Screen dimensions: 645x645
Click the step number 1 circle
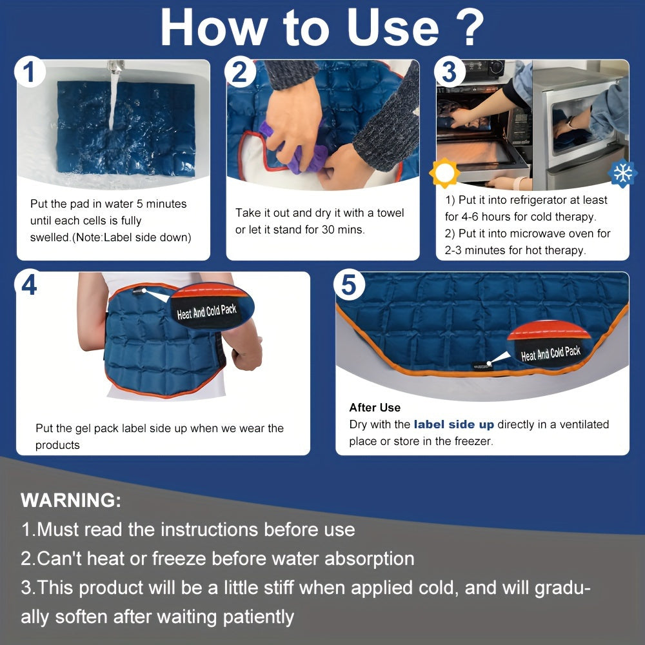pyautogui.click(x=29, y=72)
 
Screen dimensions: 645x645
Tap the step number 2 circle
pyautogui.click(x=240, y=72)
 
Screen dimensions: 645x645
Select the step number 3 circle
pyautogui.click(x=449, y=72)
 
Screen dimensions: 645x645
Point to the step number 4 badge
pyautogui.click(x=29, y=284)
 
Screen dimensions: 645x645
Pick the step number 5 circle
pyautogui.click(x=349, y=284)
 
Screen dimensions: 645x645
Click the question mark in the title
pyautogui.click(x=468, y=27)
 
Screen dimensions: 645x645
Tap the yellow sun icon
pyautogui.click(x=444, y=173)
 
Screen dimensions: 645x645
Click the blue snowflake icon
pyautogui.click(x=623, y=173)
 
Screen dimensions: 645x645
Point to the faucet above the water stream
pyautogui.click(x=115, y=66)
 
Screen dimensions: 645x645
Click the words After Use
pyautogui.click(x=375, y=408)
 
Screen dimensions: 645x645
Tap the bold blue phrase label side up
pyautogui.click(x=453, y=424)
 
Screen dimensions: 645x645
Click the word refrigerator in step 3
pyautogui.click(x=538, y=201)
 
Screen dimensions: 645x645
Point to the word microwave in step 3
pyautogui.click(x=534, y=233)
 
